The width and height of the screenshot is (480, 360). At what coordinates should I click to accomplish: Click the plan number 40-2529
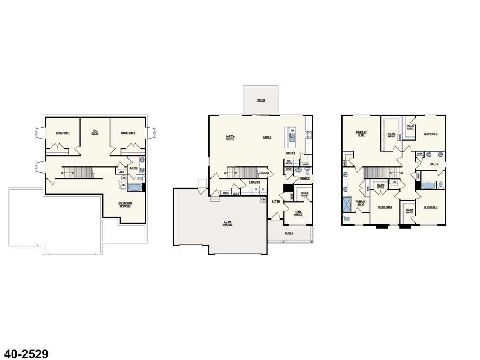tap(26, 354)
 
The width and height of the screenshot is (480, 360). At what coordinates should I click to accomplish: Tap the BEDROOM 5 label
tap(63, 133)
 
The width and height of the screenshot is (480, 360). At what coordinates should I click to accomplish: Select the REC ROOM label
tap(95, 132)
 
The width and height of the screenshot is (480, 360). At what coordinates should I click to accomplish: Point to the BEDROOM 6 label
tap(128, 133)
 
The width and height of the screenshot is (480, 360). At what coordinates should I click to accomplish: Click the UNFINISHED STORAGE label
tap(125, 204)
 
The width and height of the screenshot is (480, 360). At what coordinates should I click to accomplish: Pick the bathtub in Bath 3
tap(135, 187)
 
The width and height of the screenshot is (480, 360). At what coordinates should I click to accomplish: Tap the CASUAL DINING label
tap(230, 137)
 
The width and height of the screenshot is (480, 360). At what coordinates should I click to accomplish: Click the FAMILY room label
tap(267, 137)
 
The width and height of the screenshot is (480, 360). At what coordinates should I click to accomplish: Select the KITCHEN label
tap(290, 153)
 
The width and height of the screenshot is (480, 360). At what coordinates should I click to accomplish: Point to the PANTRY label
tap(306, 164)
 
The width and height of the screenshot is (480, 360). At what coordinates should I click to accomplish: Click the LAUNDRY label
tap(254, 182)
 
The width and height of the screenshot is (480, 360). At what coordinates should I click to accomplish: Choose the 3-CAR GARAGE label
tap(227, 223)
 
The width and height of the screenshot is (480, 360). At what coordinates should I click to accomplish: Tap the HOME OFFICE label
tap(298, 213)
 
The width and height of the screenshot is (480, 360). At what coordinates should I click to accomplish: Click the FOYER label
tap(276, 201)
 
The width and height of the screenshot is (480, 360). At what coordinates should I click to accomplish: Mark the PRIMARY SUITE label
tap(361, 134)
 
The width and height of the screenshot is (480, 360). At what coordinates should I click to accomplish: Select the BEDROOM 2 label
tap(430, 134)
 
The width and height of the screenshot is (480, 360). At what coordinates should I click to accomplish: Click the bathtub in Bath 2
tap(428, 186)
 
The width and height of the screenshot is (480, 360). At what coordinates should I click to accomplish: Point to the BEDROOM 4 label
tap(385, 207)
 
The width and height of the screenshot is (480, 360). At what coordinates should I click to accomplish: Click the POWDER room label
tap(304, 178)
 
